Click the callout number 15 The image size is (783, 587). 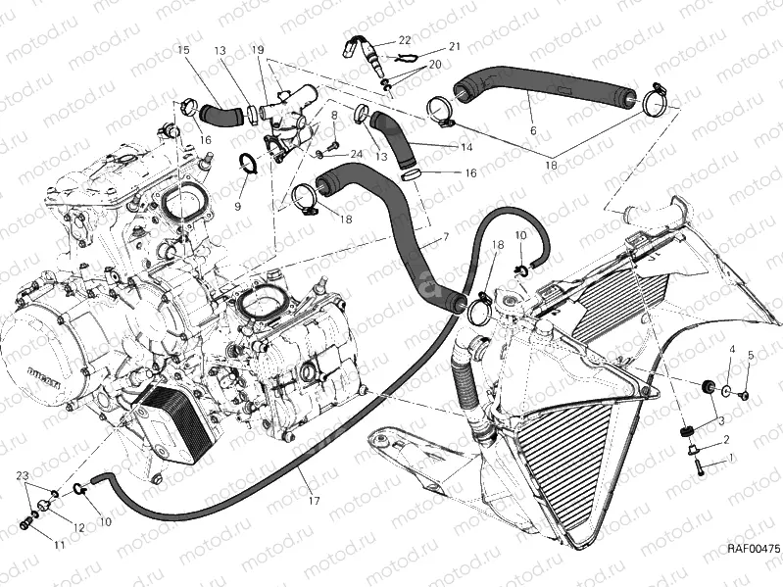pyautogui.click(x=183, y=49)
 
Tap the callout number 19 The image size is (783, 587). pyautogui.click(x=258, y=49)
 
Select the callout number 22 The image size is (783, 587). pyautogui.click(x=405, y=40)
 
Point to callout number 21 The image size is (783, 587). pyautogui.click(x=455, y=46)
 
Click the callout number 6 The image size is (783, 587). pyautogui.click(x=532, y=129)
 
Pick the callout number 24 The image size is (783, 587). pyautogui.click(x=356, y=154)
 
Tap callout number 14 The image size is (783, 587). pyautogui.click(x=465, y=147)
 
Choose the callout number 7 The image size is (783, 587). pyautogui.click(x=446, y=237)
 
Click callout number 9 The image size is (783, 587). pyautogui.click(x=237, y=206)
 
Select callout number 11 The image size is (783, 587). pyautogui.click(x=60, y=544)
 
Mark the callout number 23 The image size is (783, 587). pyautogui.click(x=21, y=475)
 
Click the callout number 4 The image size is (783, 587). pyautogui.click(x=731, y=350)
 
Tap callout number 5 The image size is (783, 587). pyautogui.click(x=751, y=354)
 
